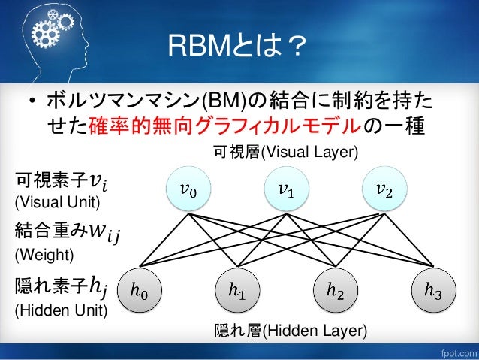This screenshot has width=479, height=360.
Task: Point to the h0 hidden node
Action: click(x=140, y=287)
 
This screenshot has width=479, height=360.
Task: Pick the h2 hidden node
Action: click(x=336, y=287)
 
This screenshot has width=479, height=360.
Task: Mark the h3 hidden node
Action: click(x=432, y=287)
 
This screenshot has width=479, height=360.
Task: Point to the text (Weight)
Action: click(x=44, y=256)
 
